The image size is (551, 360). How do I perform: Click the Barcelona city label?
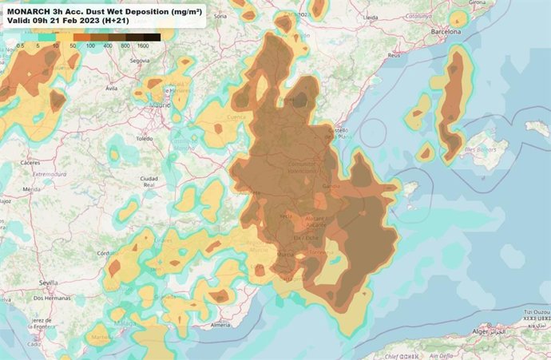pos(446,32)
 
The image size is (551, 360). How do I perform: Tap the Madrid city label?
pos(160,104)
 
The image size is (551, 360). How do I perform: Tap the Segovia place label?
pos(141,61)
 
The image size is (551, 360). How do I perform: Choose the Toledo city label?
pos(145,138)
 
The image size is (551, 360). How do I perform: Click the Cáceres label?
pos(31,161)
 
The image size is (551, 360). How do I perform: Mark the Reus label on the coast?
pos(394,56)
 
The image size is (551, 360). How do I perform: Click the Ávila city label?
pos(113,89)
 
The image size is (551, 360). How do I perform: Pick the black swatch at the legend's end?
pos(152,37)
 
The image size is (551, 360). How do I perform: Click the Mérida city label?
pos(33,189)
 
